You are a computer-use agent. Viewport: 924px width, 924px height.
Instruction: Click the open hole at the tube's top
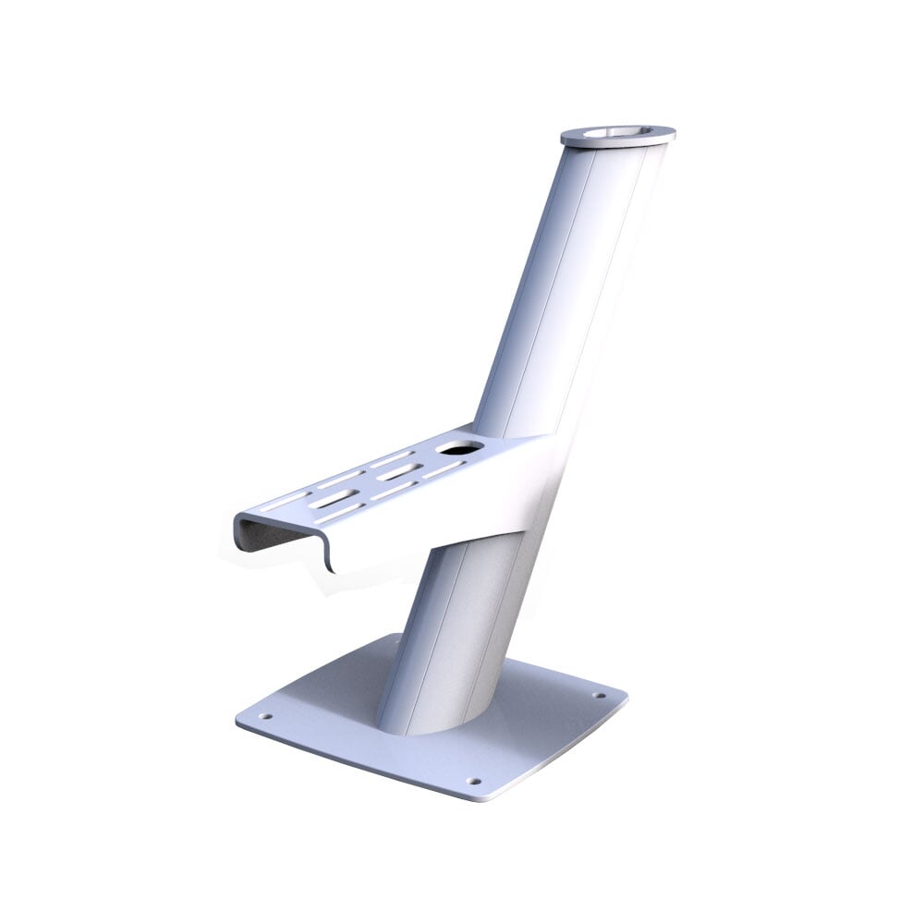[617, 133]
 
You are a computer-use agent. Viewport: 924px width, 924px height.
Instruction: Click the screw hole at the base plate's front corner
[475, 781]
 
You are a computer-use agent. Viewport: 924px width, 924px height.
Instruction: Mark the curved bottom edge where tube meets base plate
[434, 730]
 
